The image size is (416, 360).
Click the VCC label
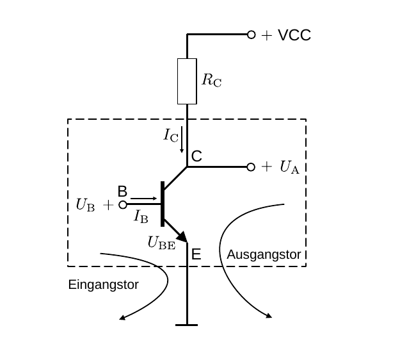click(x=294, y=35)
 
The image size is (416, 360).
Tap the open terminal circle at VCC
click(x=252, y=35)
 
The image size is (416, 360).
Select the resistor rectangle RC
click(x=187, y=81)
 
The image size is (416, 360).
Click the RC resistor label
click(x=211, y=80)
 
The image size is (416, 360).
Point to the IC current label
click(x=171, y=135)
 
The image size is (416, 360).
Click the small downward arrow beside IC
click(x=182, y=140)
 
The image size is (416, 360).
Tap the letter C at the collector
click(x=196, y=156)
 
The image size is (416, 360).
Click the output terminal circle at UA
click(x=251, y=167)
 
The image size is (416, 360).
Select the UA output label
click(x=289, y=167)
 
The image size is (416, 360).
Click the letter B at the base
click(x=122, y=191)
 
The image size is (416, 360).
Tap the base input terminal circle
click(x=123, y=205)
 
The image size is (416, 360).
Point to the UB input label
click(x=85, y=205)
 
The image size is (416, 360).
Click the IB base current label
click(x=141, y=216)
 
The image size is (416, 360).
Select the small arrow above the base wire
click(x=143, y=199)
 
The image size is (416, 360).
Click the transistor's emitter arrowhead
click(x=182, y=237)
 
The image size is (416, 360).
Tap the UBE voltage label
click(x=161, y=243)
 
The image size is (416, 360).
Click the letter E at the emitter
click(x=196, y=254)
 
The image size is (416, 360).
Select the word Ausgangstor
click(x=264, y=254)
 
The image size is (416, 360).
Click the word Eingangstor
click(x=103, y=285)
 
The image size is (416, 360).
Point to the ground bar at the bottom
click(x=186, y=325)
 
